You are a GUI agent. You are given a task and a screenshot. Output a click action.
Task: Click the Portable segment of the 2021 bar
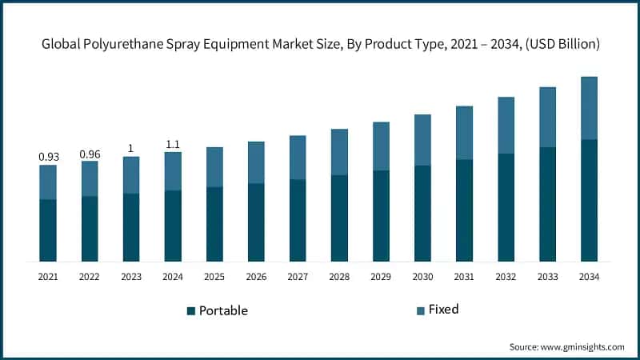click(48, 230)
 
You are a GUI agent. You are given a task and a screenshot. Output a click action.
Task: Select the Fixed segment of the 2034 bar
click(589, 108)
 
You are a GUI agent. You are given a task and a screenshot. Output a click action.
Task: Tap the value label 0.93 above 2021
click(48, 157)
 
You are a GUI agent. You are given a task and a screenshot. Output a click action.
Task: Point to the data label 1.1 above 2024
click(173, 144)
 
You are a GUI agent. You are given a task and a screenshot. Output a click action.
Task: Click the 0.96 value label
click(90, 154)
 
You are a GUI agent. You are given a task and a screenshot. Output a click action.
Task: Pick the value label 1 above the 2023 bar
click(131, 148)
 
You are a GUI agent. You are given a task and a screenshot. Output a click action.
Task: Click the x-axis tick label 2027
click(298, 276)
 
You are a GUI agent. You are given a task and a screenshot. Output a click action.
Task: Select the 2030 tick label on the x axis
click(422, 276)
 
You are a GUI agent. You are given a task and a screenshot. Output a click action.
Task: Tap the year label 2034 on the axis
click(589, 276)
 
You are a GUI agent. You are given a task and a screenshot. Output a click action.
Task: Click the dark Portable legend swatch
click(191, 310)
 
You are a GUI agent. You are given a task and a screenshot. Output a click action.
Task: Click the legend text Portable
click(223, 310)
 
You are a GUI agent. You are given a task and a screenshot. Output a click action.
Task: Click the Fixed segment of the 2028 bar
click(339, 152)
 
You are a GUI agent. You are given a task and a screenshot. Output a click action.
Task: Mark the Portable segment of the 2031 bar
click(464, 210)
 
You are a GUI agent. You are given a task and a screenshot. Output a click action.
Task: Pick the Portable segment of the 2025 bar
click(214, 224)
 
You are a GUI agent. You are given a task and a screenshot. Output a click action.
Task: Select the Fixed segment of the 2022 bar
click(90, 178)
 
